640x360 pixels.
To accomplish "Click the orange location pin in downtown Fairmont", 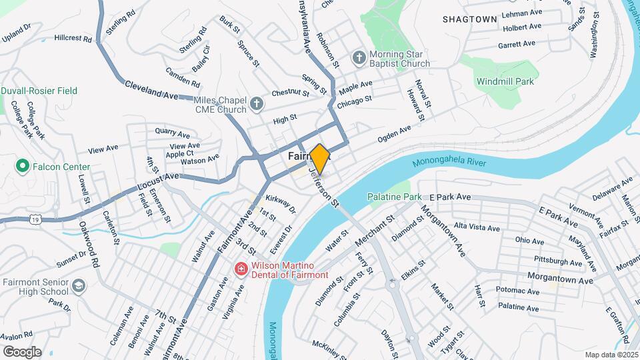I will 320,159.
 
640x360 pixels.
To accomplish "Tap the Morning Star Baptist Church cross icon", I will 359,57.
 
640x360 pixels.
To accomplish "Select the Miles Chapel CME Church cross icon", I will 257,104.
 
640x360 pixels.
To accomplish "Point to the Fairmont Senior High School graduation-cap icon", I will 79,286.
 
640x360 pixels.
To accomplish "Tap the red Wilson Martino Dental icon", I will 240,269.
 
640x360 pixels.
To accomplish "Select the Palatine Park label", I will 395,197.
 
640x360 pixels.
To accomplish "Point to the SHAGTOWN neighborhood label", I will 470,19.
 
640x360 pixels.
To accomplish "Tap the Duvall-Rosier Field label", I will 39,91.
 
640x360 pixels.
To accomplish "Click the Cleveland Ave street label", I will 151,91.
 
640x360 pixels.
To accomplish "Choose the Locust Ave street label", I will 158,180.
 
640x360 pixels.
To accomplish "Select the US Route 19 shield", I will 34,218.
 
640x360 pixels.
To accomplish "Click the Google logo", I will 22,351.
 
